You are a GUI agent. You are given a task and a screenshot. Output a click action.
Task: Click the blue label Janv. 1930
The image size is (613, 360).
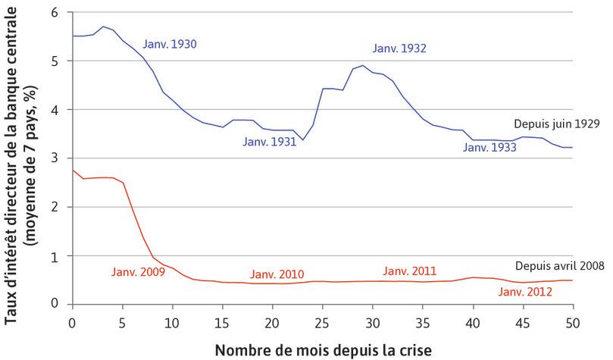(170, 44)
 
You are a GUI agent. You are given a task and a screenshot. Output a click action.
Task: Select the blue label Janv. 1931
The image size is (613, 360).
(269, 141)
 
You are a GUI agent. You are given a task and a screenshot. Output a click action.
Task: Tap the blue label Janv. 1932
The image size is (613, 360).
(399, 49)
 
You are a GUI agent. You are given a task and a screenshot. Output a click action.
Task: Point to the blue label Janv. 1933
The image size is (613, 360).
(489, 148)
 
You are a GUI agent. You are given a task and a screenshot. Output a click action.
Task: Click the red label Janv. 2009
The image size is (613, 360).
(137, 272)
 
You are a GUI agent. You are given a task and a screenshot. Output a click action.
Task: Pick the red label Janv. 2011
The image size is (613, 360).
(410, 271)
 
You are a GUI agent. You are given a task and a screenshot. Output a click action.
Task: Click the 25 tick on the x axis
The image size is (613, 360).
(322, 321)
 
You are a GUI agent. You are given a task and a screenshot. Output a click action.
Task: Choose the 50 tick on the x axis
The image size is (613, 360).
(572, 321)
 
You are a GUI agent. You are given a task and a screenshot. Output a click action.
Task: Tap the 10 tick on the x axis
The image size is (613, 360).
(172, 321)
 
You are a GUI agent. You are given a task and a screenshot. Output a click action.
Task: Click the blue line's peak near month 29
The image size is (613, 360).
(363, 65)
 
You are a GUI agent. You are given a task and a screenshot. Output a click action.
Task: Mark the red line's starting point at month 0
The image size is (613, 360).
(72, 171)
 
